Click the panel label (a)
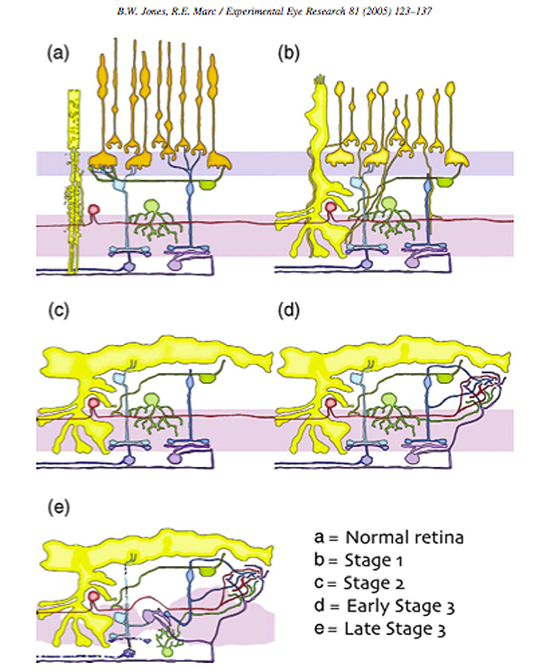tap(58, 54)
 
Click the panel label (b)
tap(288, 54)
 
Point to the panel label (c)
tap(58, 311)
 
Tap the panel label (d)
tap(288, 311)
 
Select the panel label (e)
tap(58, 508)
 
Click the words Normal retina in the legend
tap(404, 537)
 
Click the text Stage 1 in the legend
tap(373, 561)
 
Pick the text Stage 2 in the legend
tap(374, 583)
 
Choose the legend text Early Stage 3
tap(400, 606)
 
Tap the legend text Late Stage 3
tap(395, 629)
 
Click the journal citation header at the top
tap(274, 12)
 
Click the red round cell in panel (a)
tap(93, 210)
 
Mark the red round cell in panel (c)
tap(93, 403)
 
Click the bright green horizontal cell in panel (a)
tap(210, 184)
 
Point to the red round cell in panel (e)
tap(93, 597)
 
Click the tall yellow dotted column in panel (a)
tap(74, 181)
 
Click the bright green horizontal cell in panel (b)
tap(445, 182)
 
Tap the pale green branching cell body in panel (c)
tap(151, 400)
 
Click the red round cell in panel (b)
tap(331, 209)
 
